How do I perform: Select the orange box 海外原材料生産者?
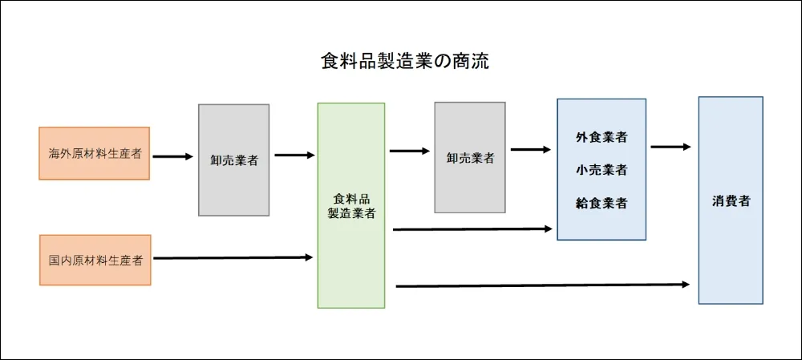point(95,153)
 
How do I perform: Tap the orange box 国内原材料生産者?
point(95,260)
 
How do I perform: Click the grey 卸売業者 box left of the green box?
point(234,160)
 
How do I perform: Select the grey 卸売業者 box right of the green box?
point(470,158)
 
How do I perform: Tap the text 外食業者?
point(601,137)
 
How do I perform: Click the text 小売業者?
point(601,170)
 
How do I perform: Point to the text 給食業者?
point(601,204)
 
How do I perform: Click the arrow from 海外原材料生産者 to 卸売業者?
point(173,156)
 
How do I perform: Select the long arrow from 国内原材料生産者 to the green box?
point(233,257)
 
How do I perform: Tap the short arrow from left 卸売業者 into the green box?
point(294,156)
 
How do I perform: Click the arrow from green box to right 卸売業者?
point(410,150)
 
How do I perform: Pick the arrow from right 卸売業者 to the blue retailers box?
point(531,149)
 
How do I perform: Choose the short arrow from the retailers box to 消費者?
point(670,147)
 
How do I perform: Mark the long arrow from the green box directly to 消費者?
point(542,285)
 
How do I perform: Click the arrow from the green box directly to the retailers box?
point(472,229)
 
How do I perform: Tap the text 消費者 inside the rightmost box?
point(731,200)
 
